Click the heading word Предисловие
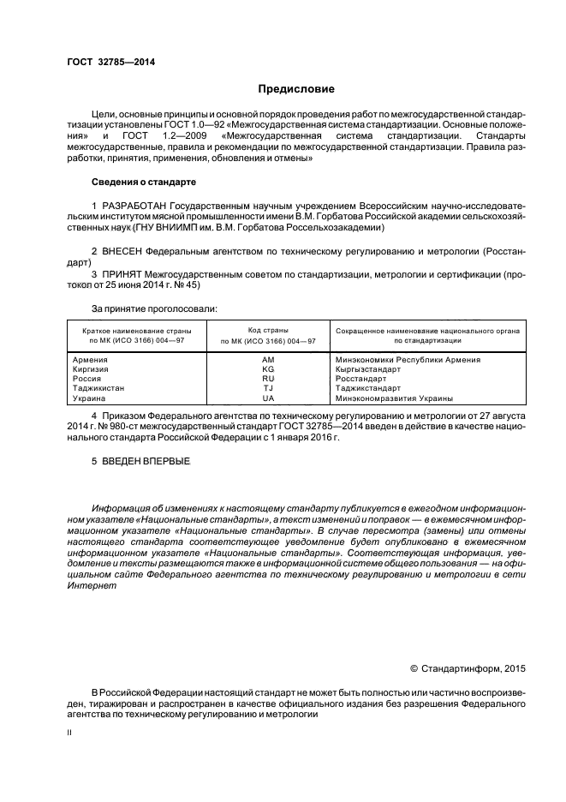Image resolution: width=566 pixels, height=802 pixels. (x=296, y=89)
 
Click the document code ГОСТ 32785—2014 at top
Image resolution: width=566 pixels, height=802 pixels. (x=105, y=62)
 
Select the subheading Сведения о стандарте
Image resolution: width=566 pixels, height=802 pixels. (x=144, y=183)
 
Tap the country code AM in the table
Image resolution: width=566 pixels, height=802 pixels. (x=267, y=360)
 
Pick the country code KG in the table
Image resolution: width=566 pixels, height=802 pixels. (x=267, y=369)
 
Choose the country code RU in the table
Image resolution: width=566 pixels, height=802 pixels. (x=267, y=379)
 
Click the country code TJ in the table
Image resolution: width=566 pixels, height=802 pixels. (x=267, y=388)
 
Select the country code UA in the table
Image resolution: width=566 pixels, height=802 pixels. (x=267, y=398)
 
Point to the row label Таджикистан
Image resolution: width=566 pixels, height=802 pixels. (x=100, y=388)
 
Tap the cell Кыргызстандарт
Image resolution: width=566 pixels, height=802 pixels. (x=369, y=369)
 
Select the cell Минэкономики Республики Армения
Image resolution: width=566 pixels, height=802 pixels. (x=408, y=360)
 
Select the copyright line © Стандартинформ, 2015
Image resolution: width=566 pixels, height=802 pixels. (x=468, y=667)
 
